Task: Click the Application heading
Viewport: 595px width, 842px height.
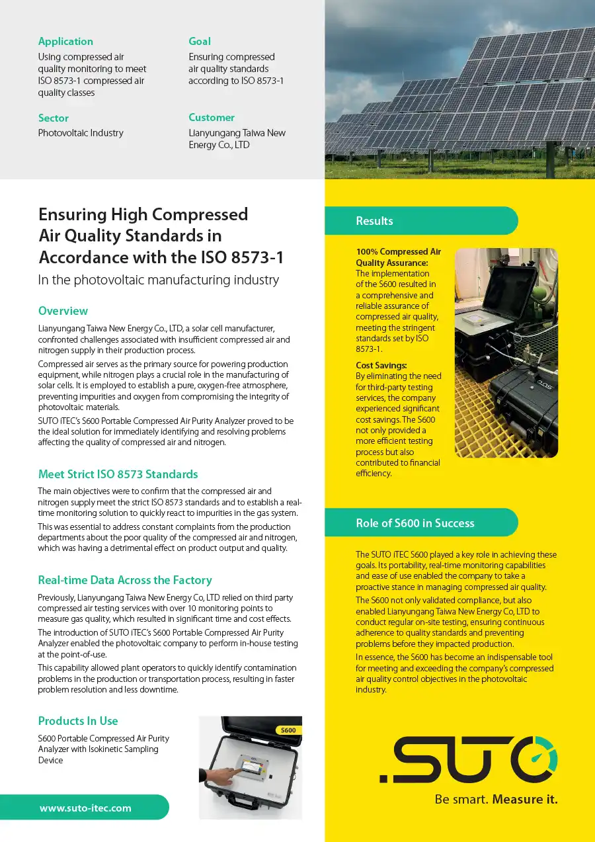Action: coord(65,42)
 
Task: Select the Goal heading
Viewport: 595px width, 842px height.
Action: coord(200,42)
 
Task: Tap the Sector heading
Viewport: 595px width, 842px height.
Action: coord(54,118)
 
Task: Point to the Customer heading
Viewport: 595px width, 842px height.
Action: coord(212,118)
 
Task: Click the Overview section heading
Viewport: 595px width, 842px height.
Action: coord(63,311)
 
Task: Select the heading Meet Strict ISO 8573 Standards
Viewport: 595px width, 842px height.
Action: coord(118,474)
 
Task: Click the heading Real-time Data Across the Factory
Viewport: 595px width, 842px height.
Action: coord(125,580)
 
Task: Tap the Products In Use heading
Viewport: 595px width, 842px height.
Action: coord(78,721)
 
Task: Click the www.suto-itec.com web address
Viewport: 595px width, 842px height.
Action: coord(85,808)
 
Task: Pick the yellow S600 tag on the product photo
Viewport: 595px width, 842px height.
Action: coord(288,730)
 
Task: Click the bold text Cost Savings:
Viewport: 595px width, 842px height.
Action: coord(381,365)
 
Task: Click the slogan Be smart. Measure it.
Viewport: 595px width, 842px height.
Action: coord(496,799)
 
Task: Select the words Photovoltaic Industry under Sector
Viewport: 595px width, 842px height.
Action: coord(81,133)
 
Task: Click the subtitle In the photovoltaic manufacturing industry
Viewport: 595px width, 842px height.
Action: coord(159,280)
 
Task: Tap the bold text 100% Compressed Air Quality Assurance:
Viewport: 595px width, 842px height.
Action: coord(398,257)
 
